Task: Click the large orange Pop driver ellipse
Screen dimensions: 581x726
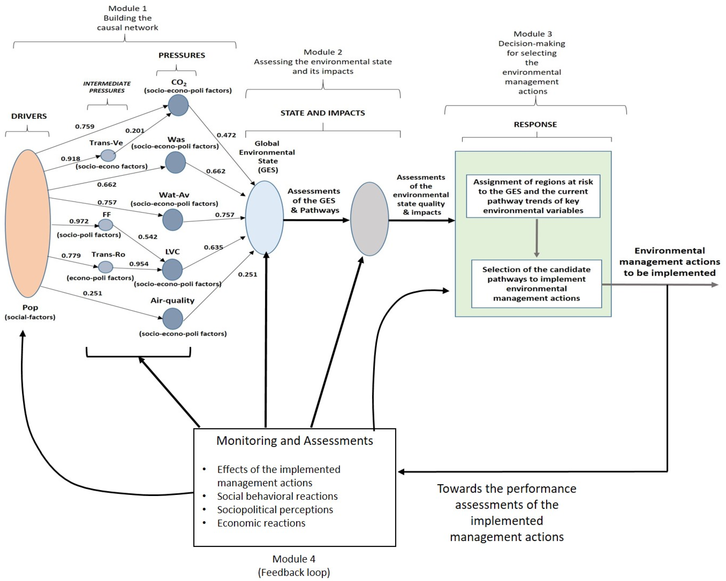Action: (x=28, y=223)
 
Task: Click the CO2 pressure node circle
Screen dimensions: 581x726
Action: (x=178, y=105)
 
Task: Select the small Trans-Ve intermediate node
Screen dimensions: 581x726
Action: (x=108, y=156)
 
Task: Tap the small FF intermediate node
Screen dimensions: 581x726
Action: (x=105, y=225)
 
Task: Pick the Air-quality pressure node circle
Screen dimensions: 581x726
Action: (x=173, y=319)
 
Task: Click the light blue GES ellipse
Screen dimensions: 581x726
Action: (x=264, y=218)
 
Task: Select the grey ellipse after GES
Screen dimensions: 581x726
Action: (x=369, y=219)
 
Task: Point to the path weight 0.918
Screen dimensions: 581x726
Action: (x=70, y=159)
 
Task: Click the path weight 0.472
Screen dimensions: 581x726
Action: (x=226, y=135)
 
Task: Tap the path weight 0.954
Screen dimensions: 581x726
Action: (x=139, y=264)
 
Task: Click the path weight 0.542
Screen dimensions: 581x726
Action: (x=147, y=237)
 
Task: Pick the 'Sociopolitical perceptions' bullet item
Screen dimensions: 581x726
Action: (x=275, y=510)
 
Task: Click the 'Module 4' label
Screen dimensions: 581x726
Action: (x=294, y=559)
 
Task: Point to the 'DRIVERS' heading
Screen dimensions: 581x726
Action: (x=29, y=116)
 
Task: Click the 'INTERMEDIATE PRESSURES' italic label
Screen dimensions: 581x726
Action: (x=107, y=87)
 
